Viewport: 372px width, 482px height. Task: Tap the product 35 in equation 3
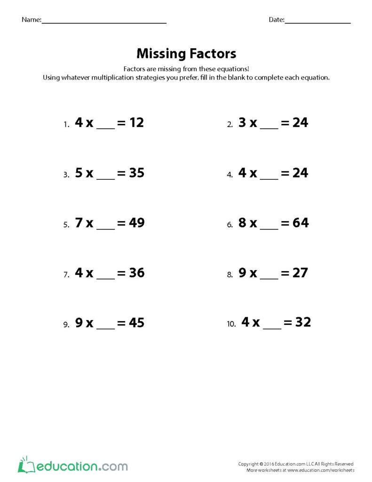point(136,173)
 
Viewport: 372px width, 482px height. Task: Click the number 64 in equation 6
point(301,223)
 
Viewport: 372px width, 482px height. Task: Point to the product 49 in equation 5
point(136,223)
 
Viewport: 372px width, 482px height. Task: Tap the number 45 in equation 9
point(136,323)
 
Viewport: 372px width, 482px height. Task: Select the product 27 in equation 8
point(300,273)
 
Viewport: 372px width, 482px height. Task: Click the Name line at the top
point(104,22)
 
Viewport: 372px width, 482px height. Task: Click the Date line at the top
point(317,22)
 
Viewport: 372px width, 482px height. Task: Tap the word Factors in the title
point(214,53)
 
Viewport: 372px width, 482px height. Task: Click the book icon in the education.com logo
point(24,466)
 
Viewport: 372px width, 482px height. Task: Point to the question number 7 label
point(66,275)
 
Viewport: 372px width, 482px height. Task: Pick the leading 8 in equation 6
point(242,223)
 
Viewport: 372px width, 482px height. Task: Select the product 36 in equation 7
point(136,273)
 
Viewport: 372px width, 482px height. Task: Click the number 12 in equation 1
point(136,123)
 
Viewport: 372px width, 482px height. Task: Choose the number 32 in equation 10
point(303,322)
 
